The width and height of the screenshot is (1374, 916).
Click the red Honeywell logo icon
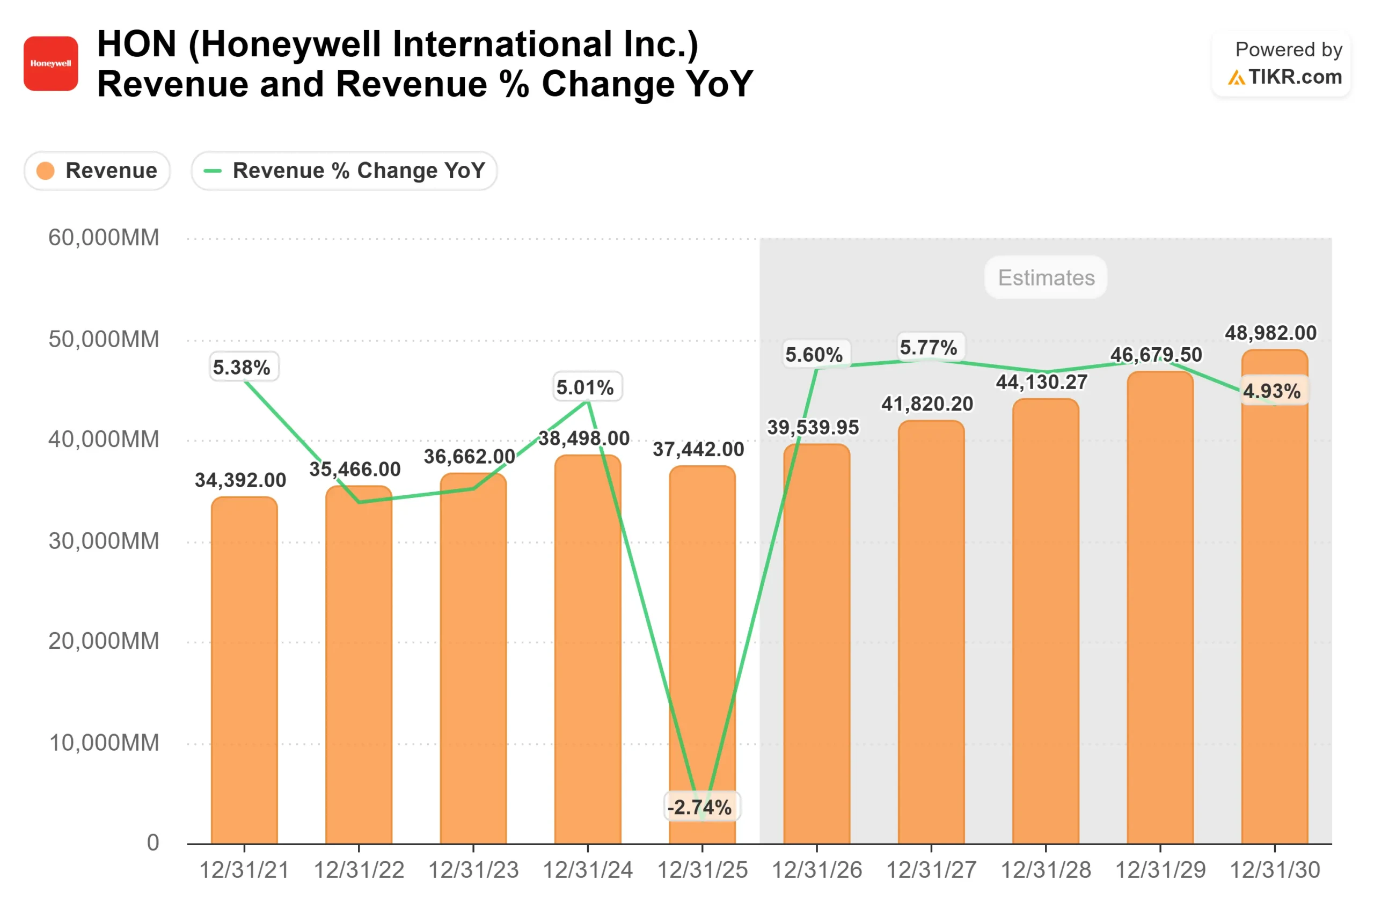click(51, 64)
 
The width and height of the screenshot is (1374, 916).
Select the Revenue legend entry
click(98, 171)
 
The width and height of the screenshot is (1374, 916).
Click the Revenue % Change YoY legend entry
click(344, 171)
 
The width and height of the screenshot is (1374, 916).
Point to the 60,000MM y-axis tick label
click(104, 238)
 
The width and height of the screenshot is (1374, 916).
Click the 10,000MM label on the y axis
click(104, 743)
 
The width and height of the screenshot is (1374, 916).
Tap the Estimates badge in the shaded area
click(1046, 277)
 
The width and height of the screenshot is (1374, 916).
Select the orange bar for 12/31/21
click(244, 672)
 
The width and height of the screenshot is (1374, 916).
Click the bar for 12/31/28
click(1046, 625)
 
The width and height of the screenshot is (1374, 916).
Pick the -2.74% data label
click(701, 808)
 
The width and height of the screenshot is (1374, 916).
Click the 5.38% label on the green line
click(242, 368)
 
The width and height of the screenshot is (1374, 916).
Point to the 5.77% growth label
click(929, 348)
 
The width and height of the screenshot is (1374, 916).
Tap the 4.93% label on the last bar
click(1272, 391)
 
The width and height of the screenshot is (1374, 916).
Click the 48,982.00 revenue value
click(1270, 333)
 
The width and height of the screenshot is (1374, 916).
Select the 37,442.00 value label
click(698, 449)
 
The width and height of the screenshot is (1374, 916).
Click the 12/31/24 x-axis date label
click(588, 870)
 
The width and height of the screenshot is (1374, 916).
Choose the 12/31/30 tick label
click(1275, 870)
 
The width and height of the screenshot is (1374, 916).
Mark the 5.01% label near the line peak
click(586, 387)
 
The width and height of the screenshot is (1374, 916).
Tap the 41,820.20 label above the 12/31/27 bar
click(927, 404)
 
